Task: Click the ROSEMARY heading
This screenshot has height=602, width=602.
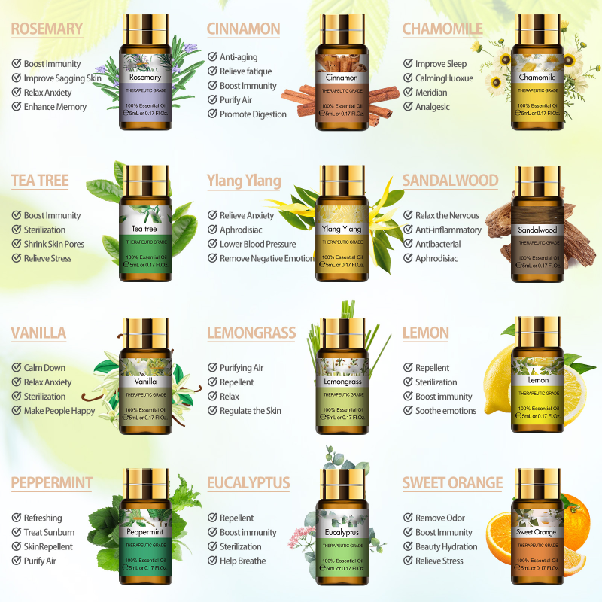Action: [x=47, y=29]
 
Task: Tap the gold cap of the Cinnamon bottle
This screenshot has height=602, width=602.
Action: [x=342, y=29]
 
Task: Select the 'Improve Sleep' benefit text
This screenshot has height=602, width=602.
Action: [x=441, y=64]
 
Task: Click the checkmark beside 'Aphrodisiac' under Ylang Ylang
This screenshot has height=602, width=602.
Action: [x=213, y=230]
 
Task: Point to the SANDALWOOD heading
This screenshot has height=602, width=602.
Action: [x=450, y=181]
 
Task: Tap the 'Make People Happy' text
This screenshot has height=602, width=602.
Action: [x=59, y=411]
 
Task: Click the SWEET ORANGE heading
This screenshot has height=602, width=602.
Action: [x=452, y=483]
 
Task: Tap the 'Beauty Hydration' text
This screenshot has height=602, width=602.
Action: [x=446, y=546]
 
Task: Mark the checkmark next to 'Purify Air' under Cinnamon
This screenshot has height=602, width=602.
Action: [x=213, y=100]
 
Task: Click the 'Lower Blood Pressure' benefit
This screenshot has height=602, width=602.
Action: [x=258, y=244]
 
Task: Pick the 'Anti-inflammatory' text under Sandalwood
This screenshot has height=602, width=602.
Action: [x=448, y=230]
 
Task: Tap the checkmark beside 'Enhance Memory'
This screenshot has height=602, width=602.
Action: [x=17, y=107]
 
